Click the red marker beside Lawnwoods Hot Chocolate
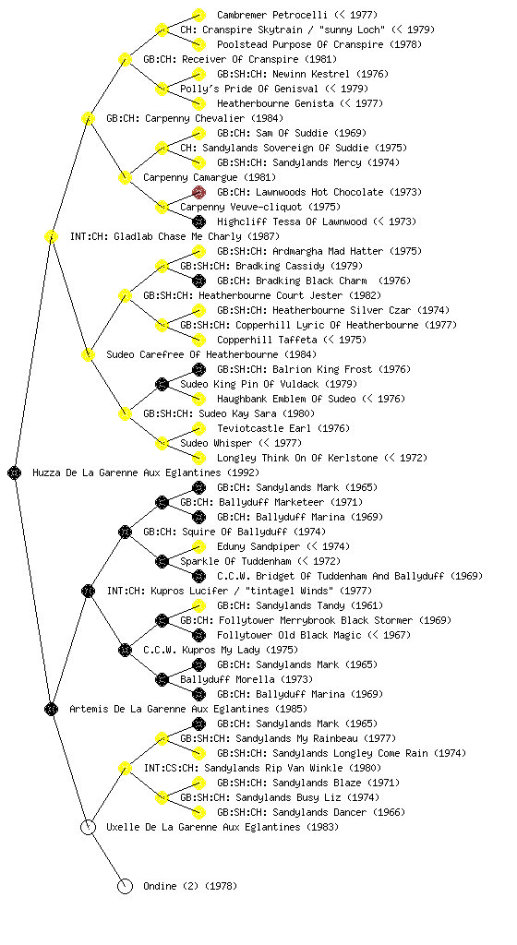(198, 192)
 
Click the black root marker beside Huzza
(15, 473)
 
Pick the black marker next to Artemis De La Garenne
(51, 710)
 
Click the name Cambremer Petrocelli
(272, 15)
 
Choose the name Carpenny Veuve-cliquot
(241, 207)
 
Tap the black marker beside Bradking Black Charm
(198, 281)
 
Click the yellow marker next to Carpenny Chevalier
(88, 119)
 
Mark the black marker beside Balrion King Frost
(198, 369)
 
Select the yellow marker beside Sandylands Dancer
(198, 812)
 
